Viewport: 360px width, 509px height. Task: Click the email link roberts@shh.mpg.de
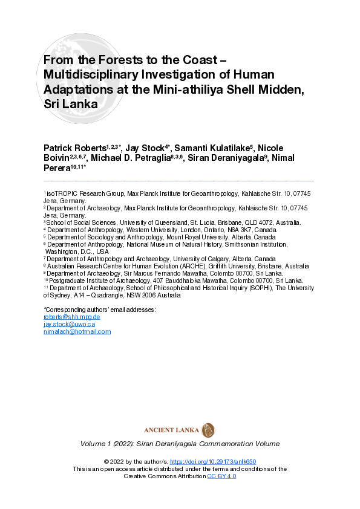(x=71, y=317)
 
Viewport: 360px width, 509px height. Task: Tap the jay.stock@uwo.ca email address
(x=69, y=324)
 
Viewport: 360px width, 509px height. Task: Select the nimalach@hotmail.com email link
(x=77, y=331)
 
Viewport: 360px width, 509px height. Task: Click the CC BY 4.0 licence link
(x=221, y=476)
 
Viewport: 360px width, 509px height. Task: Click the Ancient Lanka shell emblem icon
(x=208, y=430)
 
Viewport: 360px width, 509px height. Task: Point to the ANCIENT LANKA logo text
(x=172, y=430)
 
